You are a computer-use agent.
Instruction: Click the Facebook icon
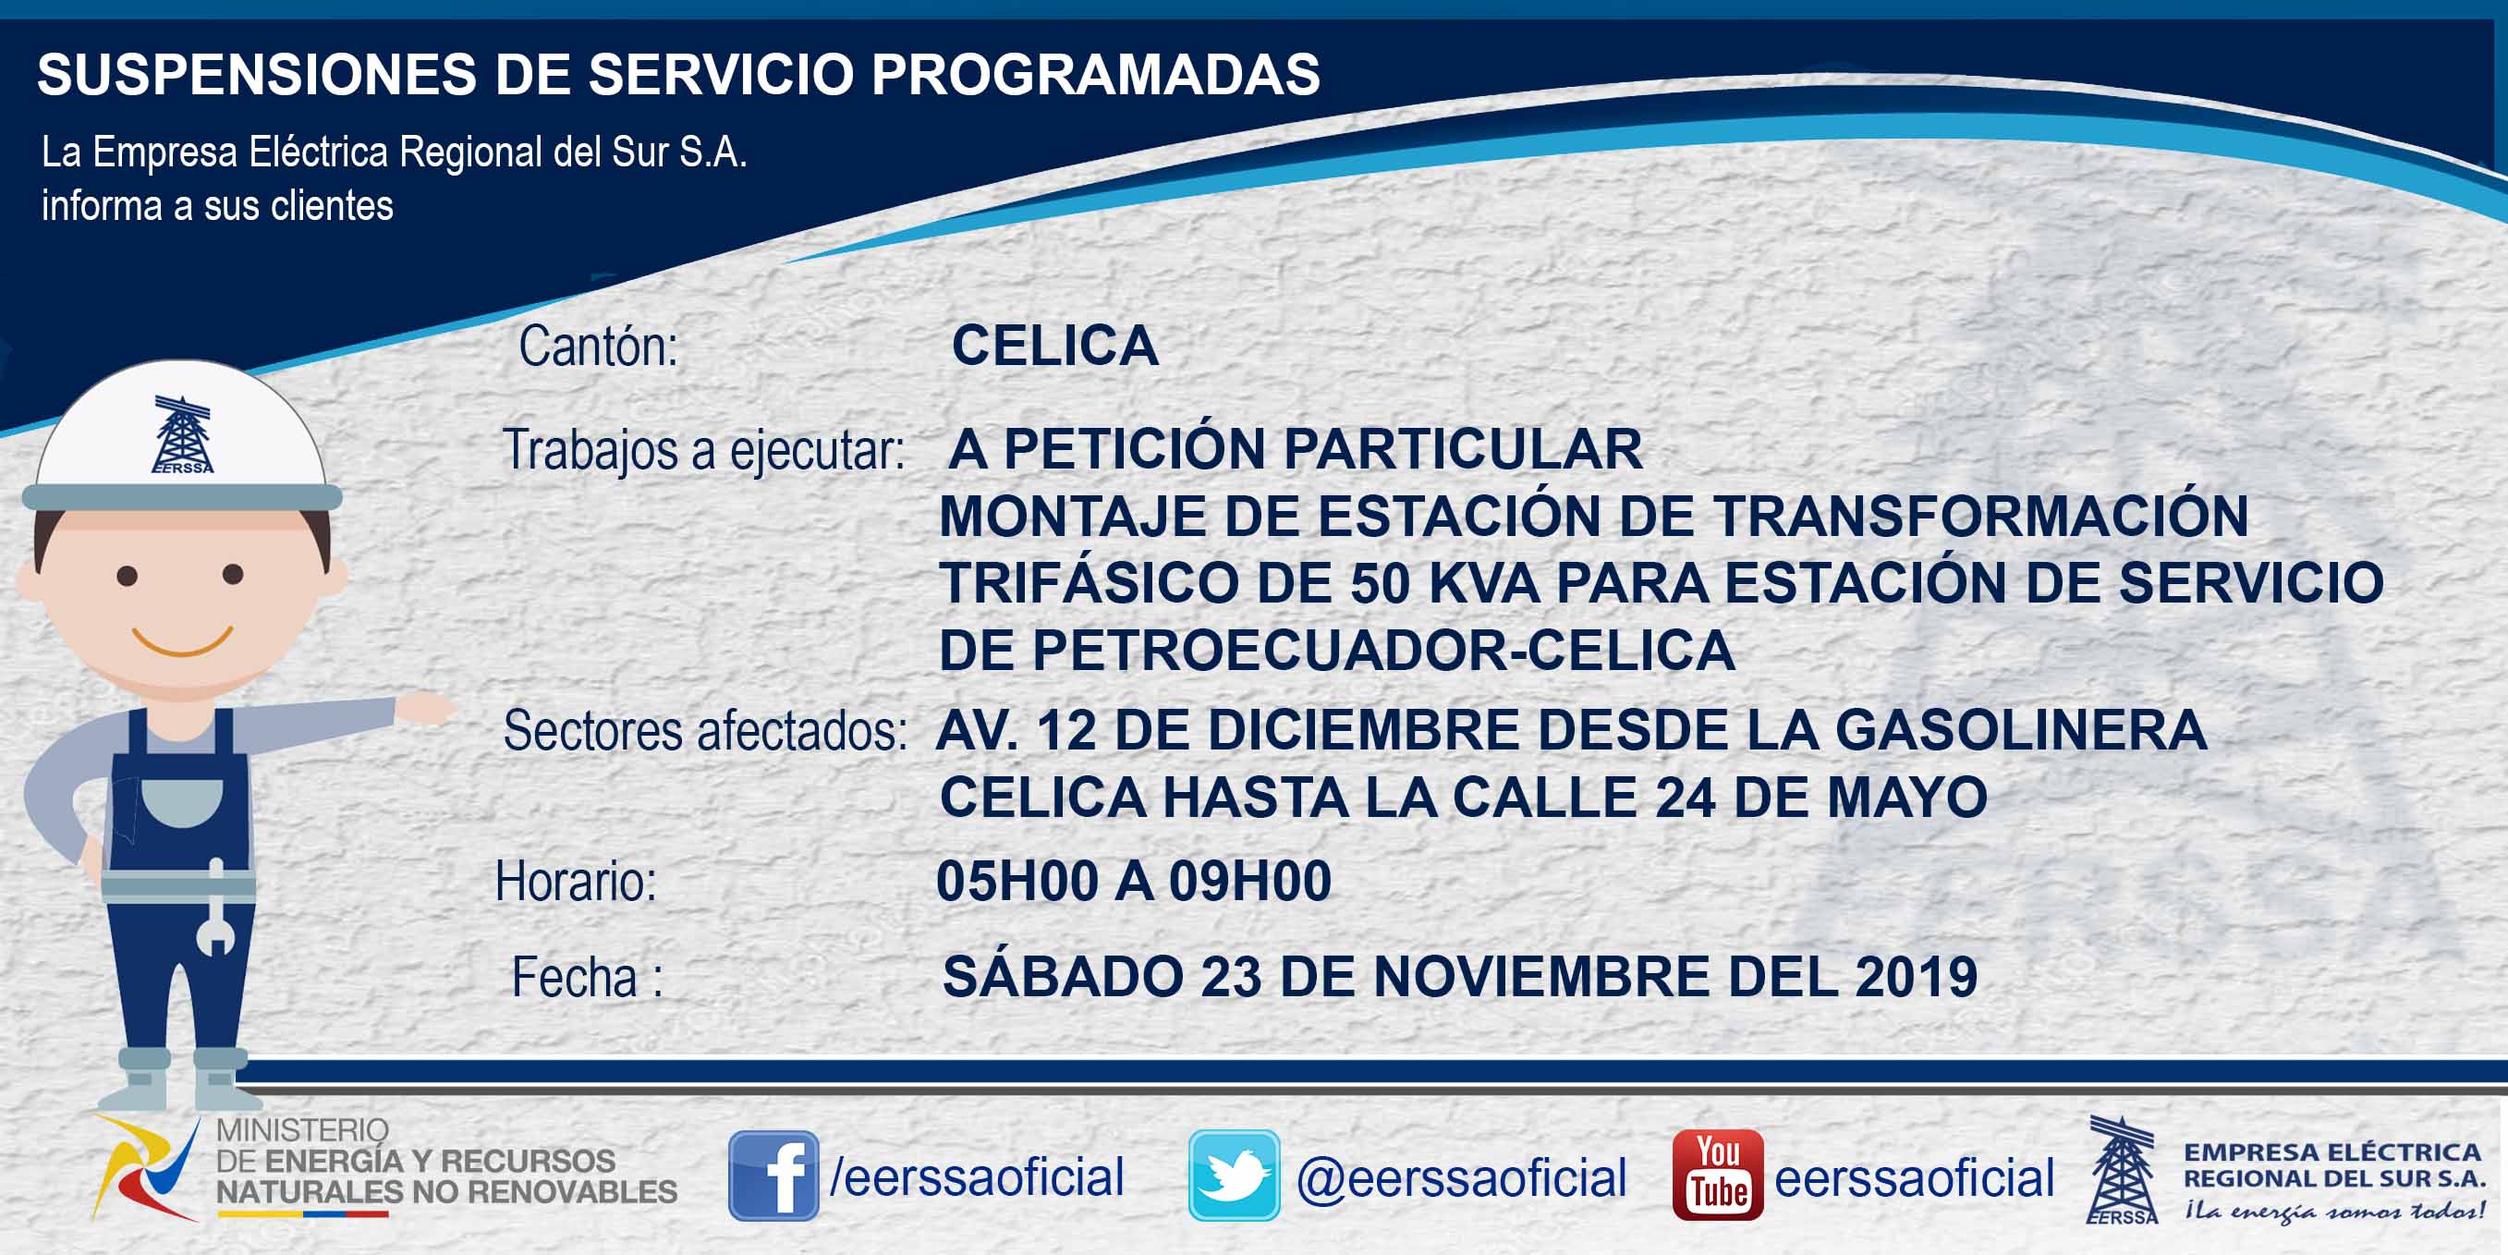click(773, 1176)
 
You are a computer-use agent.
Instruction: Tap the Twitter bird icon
click(1234, 1176)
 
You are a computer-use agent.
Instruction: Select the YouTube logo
click(1717, 1176)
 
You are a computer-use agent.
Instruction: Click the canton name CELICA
click(1055, 346)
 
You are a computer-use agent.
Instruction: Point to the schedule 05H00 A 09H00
click(1133, 881)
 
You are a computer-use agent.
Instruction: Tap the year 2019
click(1916, 977)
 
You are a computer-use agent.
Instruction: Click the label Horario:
click(576, 882)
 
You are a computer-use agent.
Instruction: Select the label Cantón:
click(598, 347)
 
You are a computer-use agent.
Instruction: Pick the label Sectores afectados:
click(705, 730)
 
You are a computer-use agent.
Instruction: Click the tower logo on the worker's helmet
click(183, 434)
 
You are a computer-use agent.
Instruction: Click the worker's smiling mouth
click(182, 640)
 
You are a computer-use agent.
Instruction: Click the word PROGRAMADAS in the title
click(1095, 74)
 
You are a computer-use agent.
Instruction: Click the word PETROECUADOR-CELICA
click(1382, 651)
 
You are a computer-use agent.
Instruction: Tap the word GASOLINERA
click(2020, 730)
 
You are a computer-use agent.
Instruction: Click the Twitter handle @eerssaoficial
click(1461, 1178)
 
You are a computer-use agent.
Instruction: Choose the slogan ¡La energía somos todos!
click(2333, 1212)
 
